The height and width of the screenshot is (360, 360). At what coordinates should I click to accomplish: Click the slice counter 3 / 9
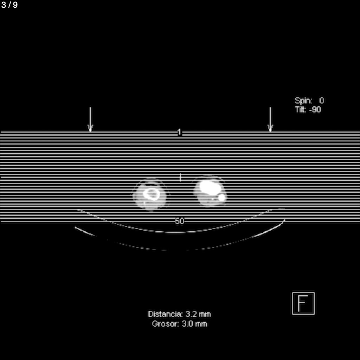coord(9,5)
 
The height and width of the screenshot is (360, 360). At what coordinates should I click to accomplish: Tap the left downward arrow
coord(90,119)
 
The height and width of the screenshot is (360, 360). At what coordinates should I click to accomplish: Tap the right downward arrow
coord(270,119)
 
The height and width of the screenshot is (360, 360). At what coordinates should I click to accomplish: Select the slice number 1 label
coord(179,132)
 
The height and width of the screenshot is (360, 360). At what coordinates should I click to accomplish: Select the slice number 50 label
coord(179,221)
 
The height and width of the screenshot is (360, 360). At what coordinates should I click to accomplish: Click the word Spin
coord(303,101)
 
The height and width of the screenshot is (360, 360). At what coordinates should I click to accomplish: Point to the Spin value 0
coord(321,101)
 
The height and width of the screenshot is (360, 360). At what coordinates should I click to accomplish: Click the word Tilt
coord(301,109)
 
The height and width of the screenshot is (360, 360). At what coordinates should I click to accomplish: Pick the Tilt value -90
coord(315,110)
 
